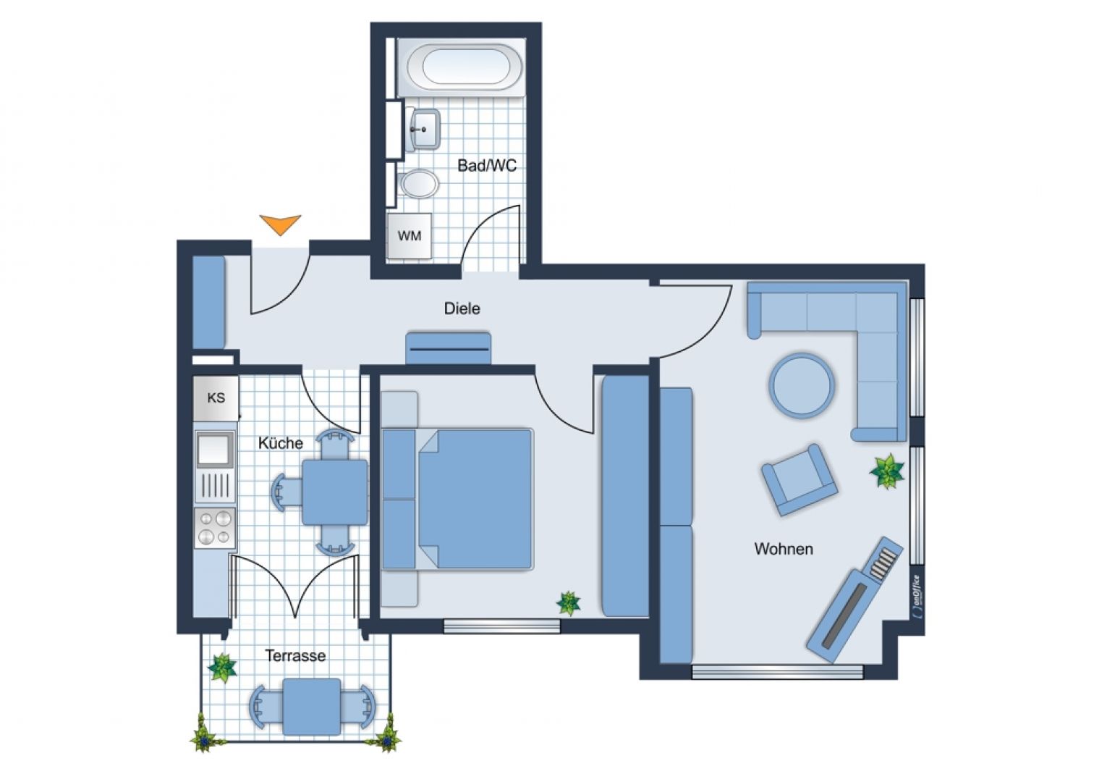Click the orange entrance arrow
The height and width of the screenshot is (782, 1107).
[x=280, y=224]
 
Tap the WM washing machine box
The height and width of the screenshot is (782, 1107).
[x=410, y=236]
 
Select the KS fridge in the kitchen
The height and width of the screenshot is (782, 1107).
[x=216, y=398]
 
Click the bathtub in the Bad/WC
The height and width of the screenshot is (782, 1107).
[x=465, y=68]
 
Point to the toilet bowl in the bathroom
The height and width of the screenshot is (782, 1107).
[x=419, y=183]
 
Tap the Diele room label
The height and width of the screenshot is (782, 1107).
[x=462, y=308]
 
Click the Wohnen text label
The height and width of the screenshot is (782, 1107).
[x=784, y=549]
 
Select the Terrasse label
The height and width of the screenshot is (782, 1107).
[x=295, y=656]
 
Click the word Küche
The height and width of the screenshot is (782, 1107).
[x=280, y=442]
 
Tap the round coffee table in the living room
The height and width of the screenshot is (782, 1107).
[x=801, y=384]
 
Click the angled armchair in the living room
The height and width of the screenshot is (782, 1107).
[x=799, y=479]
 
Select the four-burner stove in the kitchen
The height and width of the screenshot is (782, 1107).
[x=215, y=528]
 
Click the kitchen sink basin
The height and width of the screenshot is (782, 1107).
[x=214, y=449]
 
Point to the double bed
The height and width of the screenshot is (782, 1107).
[x=457, y=499]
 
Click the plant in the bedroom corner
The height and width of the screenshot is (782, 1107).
[x=568, y=603]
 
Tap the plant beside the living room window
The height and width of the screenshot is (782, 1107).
[x=887, y=471]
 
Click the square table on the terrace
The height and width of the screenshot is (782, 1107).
[x=312, y=707]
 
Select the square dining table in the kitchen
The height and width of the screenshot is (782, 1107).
[x=335, y=492]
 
